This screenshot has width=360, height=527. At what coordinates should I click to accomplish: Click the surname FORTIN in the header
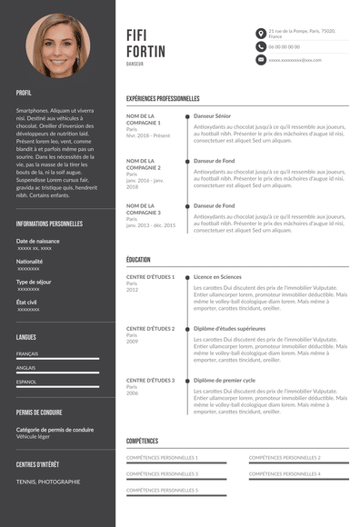(x=146, y=51)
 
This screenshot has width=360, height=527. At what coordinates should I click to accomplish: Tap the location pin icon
(x=261, y=33)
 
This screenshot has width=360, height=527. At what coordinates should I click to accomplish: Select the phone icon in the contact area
(x=261, y=46)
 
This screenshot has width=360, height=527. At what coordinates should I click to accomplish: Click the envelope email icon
(x=261, y=60)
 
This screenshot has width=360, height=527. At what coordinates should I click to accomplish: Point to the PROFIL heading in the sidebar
(x=24, y=93)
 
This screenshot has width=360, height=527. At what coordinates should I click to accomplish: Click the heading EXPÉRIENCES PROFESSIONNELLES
(x=163, y=98)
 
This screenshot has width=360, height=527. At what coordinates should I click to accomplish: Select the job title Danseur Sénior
(x=213, y=116)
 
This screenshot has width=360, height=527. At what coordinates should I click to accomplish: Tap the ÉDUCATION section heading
(x=139, y=259)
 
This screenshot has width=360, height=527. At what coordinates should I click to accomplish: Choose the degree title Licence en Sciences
(x=217, y=276)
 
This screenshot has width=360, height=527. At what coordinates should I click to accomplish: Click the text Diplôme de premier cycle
(x=224, y=380)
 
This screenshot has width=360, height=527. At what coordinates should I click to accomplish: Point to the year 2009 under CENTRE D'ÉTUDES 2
(x=133, y=341)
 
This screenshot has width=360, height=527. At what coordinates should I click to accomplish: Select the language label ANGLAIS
(x=26, y=367)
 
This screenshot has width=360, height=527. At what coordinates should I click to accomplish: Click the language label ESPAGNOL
(x=27, y=382)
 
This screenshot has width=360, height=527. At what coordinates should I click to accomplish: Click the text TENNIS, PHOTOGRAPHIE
(x=48, y=482)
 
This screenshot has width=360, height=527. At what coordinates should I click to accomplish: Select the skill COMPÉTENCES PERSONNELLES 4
(x=285, y=473)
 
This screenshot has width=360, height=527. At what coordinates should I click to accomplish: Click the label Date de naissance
(x=38, y=241)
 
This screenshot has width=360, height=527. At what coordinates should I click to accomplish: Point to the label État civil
(x=26, y=302)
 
